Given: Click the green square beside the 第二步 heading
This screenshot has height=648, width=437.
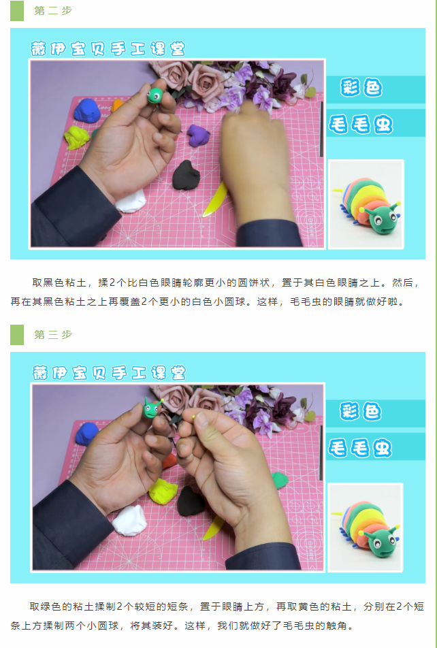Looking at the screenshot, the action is (17, 10).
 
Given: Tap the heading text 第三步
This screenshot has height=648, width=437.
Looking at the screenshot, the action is (53, 334).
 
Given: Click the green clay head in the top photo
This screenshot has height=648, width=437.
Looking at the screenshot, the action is (155, 95).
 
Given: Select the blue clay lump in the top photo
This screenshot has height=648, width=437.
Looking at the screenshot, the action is (87, 110).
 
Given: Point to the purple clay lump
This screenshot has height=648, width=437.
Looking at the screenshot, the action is (199, 135).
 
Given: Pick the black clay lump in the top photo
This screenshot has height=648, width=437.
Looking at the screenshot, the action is (186, 175).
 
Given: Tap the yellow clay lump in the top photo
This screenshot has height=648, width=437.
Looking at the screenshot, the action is (76, 137).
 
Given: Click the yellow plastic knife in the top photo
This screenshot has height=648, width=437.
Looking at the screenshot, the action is (216, 199).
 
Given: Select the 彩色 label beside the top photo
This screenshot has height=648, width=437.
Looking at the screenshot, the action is (361, 88).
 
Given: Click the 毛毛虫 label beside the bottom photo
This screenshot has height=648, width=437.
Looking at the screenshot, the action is (360, 449).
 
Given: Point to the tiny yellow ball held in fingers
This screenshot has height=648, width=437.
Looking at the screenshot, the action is (193, 417).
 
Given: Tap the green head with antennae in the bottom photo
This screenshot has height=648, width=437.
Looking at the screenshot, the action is (151, 408).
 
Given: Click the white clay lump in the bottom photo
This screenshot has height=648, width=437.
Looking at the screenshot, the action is (130, 520).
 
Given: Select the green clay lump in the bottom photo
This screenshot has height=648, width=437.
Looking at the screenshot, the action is (280, 481).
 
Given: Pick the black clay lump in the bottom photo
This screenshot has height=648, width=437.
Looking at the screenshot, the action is (191, 501).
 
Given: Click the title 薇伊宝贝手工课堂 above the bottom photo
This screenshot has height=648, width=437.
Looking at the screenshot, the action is (109, 373).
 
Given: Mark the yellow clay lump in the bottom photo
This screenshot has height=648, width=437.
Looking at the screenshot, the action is (163, 491).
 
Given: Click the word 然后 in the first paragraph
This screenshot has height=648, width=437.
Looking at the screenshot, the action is (402, 282).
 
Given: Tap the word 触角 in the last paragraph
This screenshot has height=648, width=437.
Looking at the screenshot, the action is (336, 626).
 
